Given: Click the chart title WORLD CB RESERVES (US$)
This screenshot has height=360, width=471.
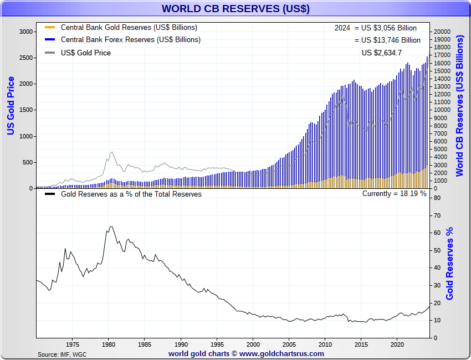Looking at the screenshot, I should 235,9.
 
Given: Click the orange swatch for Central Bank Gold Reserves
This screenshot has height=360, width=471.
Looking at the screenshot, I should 50,27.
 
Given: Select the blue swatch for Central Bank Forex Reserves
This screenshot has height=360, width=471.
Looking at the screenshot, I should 50,40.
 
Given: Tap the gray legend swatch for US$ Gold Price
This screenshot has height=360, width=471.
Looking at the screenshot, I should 50,53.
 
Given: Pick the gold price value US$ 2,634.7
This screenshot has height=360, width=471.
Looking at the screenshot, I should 382,53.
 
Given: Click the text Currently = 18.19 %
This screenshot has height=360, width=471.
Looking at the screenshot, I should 395,194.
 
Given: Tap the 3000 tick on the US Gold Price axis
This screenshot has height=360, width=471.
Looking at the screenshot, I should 26,32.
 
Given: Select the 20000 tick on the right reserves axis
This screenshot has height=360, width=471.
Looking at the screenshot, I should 443,32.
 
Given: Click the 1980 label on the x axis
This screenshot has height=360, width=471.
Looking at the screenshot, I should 108,343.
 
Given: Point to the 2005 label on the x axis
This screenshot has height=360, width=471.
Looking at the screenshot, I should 289,343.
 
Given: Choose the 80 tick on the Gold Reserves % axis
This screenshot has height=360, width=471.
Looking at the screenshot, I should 437,198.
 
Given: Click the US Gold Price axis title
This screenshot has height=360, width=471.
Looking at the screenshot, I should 11,105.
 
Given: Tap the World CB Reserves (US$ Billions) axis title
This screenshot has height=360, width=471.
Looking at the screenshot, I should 460,105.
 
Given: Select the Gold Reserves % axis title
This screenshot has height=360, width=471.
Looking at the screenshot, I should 449,264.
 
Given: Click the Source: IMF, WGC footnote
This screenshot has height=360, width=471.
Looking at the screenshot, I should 62,354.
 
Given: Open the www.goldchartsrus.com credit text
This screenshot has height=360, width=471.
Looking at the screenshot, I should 246,353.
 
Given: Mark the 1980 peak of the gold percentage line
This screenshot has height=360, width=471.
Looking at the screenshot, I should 111,226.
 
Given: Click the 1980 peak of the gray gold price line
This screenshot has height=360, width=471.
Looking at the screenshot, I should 112,152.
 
